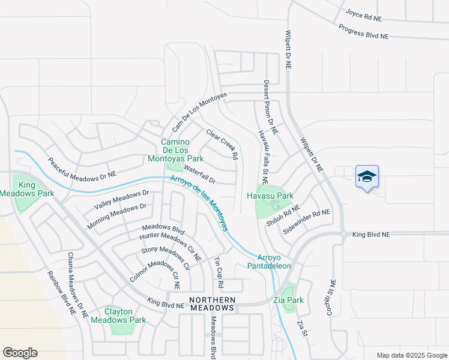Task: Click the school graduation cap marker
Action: pyautogui.click(x=367, y=176)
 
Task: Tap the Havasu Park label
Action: pyautogui.click(x=270, y=196)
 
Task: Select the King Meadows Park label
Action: pyautogui.click(x=27, y=189)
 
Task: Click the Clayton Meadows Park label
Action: pyautogui.click(x=118, y=316)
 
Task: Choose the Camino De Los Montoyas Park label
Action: pyautogui.click(x=175, y=150)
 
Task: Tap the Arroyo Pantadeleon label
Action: pyautogui.click(x=270, y=260)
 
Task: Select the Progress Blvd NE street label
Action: pyautogui.click(x=363, y=31)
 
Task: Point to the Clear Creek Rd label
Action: pyautogui.click(x=222, y=144)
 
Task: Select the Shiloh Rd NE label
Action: pyautogui.click(x=283, y=215)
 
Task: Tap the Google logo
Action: pyautogui.click(x=20, y=353)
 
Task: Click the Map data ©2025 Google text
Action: pyautogui.click(x=411, y=355)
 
